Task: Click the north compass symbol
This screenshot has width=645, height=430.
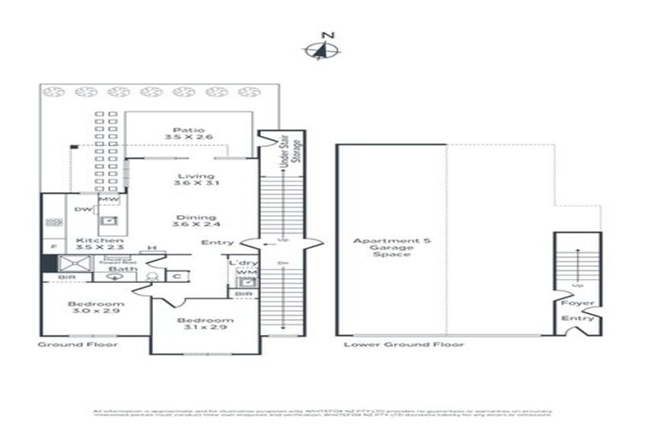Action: (322, 50)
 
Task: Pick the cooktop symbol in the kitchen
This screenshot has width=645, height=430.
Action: (55, 223)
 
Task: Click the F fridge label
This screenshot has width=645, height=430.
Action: (53, 247)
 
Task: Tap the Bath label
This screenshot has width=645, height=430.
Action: (116, 269)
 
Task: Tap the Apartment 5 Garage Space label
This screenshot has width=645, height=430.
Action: (391, 247)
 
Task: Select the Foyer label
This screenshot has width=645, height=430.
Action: (578, 302)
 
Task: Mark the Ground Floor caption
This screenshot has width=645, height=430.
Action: (78, 344)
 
